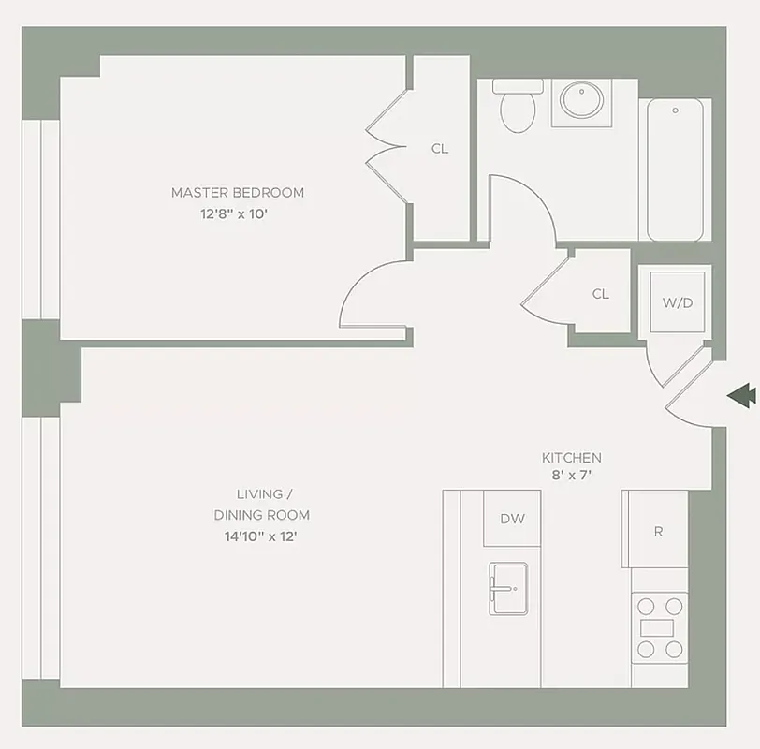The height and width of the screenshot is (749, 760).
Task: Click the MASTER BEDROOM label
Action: pos(237,192)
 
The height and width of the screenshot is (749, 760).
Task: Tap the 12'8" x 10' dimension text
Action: pos(237,213)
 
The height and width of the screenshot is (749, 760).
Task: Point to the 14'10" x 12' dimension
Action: pos(261,536)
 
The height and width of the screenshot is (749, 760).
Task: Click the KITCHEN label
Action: pos(571,458)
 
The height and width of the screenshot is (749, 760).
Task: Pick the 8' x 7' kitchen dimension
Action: pos(571,476)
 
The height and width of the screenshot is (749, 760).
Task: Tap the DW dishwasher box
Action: pos(511,519)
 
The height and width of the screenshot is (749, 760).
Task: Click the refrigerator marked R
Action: pos(658,532)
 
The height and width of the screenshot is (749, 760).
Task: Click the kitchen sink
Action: pos(510,589)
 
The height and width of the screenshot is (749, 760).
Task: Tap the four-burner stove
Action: pos(659,627)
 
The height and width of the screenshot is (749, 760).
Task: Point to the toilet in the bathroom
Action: pos(518,106)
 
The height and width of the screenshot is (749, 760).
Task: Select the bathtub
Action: pos(675,169)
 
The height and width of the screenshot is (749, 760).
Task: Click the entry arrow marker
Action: pos(741,395)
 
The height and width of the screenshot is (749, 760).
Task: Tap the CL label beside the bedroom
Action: pos(439,148)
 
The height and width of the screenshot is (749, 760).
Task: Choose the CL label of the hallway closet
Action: pos(600,294)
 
